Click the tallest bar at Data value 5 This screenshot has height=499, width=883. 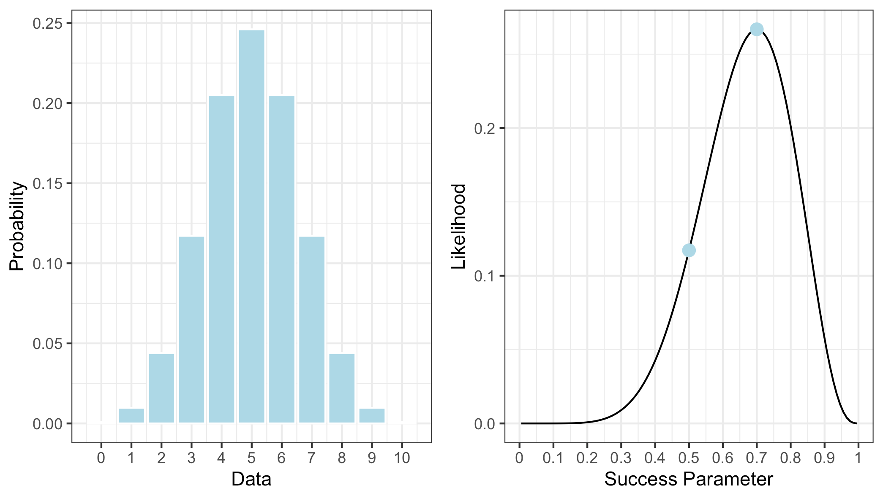coord(251,226)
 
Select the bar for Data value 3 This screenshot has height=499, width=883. coord(191,330)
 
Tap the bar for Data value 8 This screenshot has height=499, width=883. coord(342,388)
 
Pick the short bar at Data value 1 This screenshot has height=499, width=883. coord(131,416)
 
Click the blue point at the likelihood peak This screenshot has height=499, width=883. coord(756,29)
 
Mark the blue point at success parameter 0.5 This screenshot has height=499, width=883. coord(689,251)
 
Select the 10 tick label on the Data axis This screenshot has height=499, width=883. coord(402,458)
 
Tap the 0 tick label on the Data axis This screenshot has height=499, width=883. coord(101,458)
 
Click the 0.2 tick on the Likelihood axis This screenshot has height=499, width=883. coord(485,128)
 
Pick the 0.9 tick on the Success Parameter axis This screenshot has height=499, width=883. coord(824,458)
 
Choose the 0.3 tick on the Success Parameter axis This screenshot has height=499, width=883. coord(621,458)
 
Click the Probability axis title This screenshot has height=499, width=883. coord(17,226)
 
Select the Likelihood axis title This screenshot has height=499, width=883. coord(458,226)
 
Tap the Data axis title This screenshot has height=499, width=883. coord(251,480)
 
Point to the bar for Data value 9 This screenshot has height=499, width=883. coord(372,416)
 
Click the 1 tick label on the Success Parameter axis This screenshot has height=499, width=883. coord(858,458)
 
